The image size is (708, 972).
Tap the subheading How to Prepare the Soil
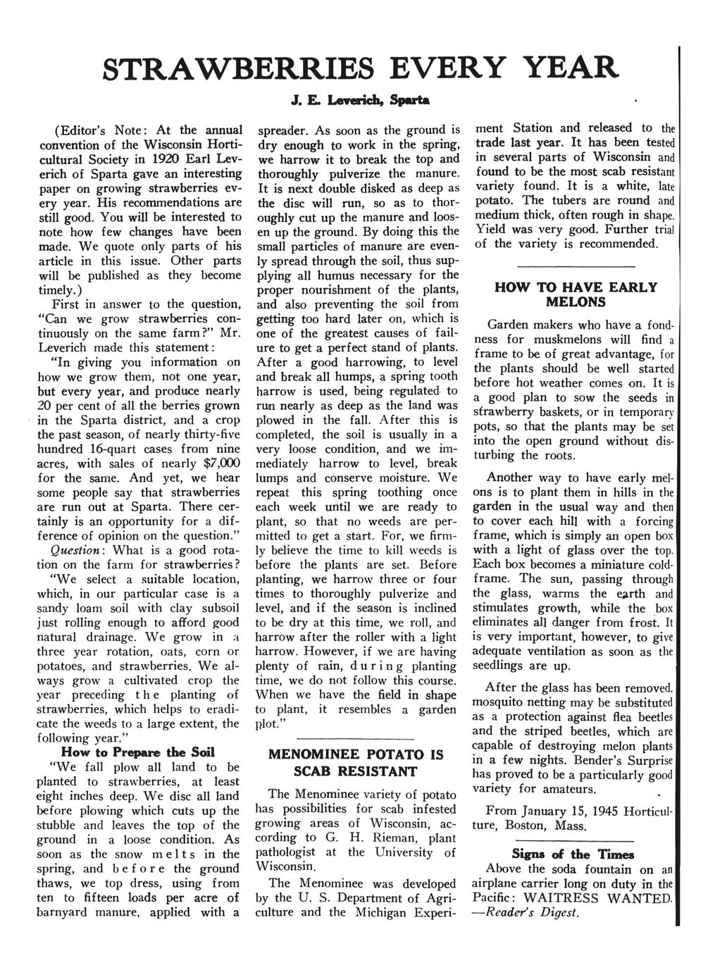[x=138, y=752]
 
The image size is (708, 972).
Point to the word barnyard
[x=67, y=913]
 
